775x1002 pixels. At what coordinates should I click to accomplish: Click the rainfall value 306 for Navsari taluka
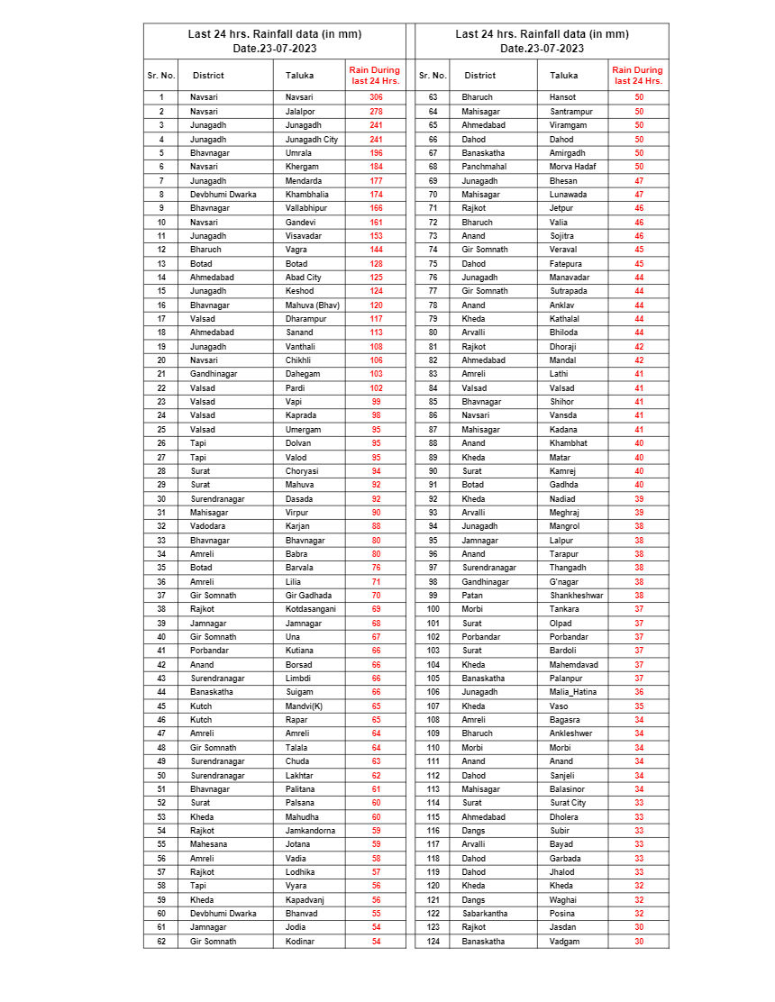coord(376,97)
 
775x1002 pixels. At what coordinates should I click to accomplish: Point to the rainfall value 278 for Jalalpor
coord(376,112)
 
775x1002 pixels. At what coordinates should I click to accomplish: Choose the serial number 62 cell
coord(160,942)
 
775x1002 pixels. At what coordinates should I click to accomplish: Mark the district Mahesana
coord(208,844)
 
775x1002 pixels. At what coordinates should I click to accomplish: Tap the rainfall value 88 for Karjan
coord(376,526)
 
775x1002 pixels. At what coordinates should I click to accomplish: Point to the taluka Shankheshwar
coord(577,596)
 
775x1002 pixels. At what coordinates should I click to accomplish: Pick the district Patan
coord(473,596)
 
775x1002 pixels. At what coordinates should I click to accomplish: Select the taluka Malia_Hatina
coord(573,692)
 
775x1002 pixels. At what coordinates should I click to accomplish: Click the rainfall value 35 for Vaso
coord(639,706)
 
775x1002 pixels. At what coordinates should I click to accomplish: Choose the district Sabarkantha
coord(485,914)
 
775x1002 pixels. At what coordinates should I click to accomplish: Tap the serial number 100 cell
coord(433,609)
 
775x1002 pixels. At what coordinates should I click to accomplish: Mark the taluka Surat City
coord(568,803)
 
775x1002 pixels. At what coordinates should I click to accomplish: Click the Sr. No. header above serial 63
coord(433,76)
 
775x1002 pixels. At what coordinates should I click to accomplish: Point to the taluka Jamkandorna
coord(310,831)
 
